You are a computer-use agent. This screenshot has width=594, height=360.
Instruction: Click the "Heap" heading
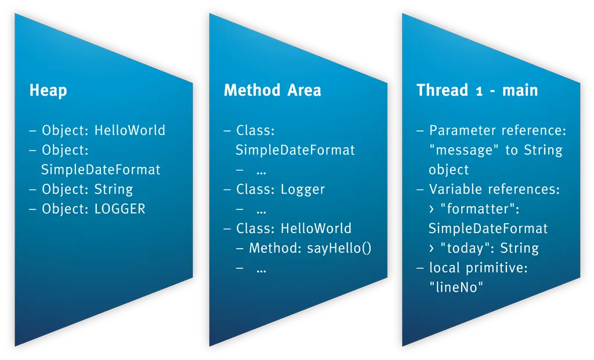tap(48, 90)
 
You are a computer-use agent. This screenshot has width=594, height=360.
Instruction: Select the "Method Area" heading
tap(272, 90)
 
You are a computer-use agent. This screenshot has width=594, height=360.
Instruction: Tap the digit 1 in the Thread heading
tap(479, 91)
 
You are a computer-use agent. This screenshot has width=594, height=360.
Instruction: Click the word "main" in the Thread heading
tap(520, 90)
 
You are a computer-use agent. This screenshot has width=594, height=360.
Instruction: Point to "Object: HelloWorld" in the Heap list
tap(103, 130)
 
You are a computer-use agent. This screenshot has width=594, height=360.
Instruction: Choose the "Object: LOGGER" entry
tap(93, 209)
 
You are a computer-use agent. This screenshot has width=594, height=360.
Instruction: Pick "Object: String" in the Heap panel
tap(87, 189)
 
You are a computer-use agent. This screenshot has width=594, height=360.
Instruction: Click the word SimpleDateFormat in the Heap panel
tap(100, 170)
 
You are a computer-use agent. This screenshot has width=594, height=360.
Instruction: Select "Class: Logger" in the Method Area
tap(280, 190)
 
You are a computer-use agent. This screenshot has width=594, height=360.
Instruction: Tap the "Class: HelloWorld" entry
tap(294, 228)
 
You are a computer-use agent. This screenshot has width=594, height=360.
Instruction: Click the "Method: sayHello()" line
tap(310, 248)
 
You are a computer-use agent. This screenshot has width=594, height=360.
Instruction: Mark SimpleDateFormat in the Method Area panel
tap(295, 150)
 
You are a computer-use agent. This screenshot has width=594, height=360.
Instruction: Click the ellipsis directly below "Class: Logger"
tap(260, 209)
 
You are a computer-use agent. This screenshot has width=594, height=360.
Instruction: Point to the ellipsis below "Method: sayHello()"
tap(260, 268)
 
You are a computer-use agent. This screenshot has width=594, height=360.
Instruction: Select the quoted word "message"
tap(465, 150)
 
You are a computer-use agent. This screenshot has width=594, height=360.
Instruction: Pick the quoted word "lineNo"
tap(456, 287)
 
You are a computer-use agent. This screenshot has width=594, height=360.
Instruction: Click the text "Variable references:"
tap(494, 189)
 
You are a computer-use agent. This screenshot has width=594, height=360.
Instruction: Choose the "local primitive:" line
tap(478, 268)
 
